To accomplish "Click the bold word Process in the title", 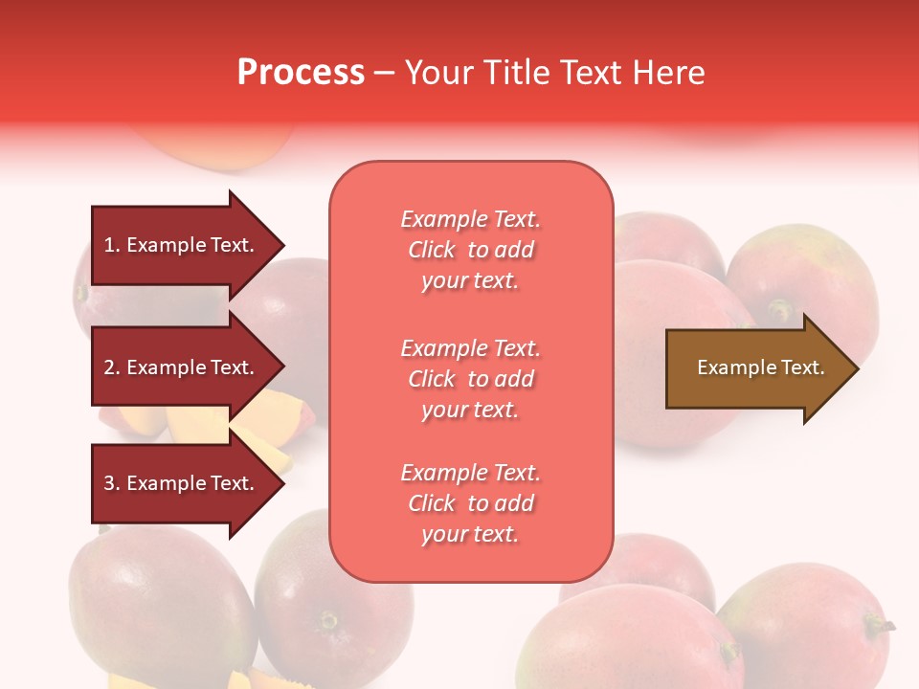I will pyautogui.click(x=301, y=73).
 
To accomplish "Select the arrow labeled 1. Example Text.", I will pyautogui.click(x=182, y=245).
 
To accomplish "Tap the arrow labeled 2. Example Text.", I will pyautogui.click(x=182, y=367).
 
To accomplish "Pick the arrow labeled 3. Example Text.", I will pyautogui.click(x=182, y=483).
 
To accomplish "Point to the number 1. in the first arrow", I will pyautogui.click(x=112, y=245).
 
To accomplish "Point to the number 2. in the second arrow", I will pyautogui.click(x=112, y=367).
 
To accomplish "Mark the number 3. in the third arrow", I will pyautogui.click(x=112, y=483).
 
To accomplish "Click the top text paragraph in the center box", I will pyautogui.click(x=470, y=250).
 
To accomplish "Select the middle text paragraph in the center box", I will pyautogui.click(x=470, y=379).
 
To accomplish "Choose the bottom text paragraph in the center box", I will pyautogui.click(x=470, y=503).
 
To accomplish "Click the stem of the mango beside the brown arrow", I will pyautogui.click(x=780, y=309).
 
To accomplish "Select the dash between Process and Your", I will pyautogui.click(x=384, y=74).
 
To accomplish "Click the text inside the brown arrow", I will pyautogui.click(x=761, y=367).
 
